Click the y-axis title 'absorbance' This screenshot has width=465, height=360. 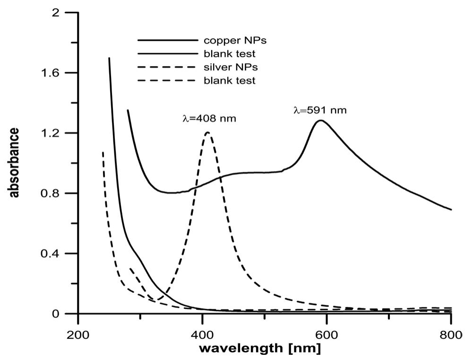(x=14, y=163)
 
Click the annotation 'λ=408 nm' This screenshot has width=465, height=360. (x=209, y=119)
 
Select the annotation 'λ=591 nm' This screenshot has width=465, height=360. (x=320, y=111)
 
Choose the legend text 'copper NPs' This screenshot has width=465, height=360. (x=229, y=40)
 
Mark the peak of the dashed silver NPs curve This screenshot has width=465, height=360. (x=207, y=132)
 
